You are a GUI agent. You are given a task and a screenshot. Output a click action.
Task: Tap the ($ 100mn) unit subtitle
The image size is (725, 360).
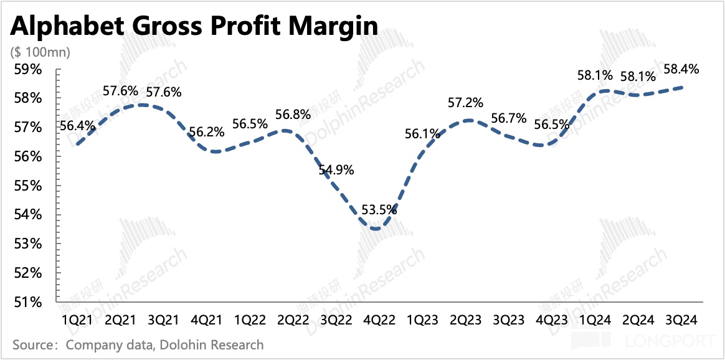pyautogui.click(x=40, y=52)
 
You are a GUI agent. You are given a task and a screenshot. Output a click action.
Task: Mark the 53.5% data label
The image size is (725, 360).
pyautogui.click(x=379, y=209)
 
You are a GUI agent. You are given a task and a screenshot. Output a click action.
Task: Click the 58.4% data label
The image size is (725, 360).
pyautogui.click(x=681, y=69)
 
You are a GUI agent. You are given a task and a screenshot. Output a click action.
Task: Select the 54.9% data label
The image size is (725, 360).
pyautogui.click(x=336, y=169)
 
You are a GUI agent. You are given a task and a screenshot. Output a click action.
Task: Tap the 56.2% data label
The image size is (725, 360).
pyautogui.click(x=207, y=131)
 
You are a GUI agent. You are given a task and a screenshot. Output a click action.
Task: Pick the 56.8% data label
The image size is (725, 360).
pyautogui.click(x=293, y=115)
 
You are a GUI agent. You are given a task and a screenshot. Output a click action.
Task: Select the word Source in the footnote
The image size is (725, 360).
pyautogui.click(x=31, y=344)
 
